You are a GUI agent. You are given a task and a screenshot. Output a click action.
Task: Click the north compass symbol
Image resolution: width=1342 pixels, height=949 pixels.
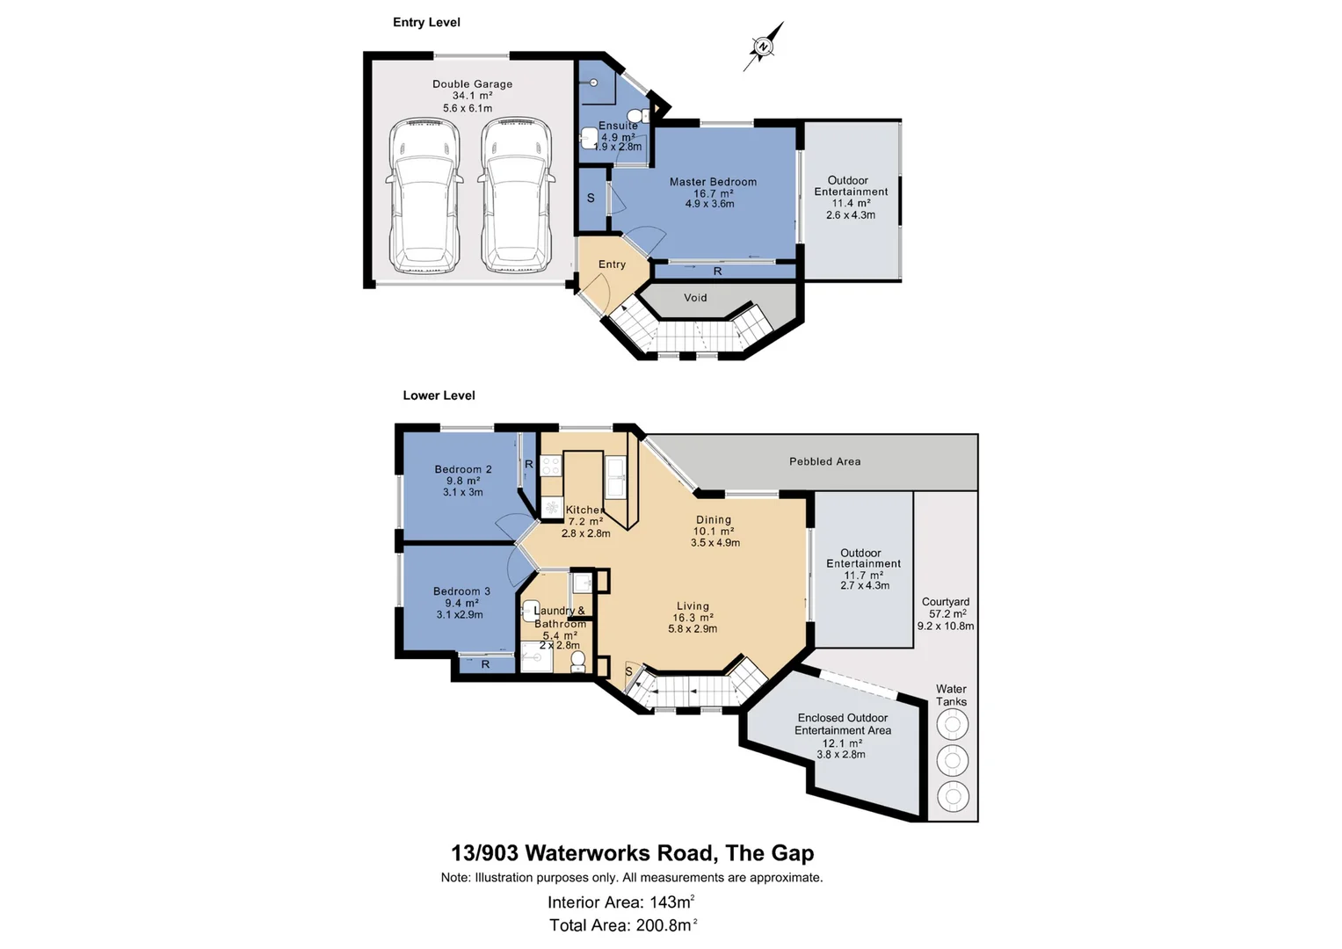tap(763, 47)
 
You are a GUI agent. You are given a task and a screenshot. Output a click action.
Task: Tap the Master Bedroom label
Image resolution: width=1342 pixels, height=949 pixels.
tap(713, 182)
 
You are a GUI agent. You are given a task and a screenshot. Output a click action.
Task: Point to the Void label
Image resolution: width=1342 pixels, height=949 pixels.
tap(695, 298)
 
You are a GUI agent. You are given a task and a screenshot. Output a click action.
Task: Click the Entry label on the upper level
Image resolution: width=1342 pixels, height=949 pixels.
tap(612, 264)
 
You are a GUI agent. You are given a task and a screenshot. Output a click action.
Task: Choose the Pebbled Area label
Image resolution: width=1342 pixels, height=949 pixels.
tap(824, 461)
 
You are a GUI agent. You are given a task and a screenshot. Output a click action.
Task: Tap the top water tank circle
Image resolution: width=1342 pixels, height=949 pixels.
tap(952, 725)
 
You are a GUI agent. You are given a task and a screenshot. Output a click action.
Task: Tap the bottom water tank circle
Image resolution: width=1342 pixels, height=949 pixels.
tap(952, 796)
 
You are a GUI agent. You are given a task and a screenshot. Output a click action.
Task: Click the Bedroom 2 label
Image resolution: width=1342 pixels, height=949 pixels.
tap(463, 469)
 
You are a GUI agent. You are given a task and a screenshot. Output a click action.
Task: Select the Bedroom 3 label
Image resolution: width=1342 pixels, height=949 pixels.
tap(461, 591)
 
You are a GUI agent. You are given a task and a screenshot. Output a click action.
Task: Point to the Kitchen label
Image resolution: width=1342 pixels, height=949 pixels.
tap(584, 510)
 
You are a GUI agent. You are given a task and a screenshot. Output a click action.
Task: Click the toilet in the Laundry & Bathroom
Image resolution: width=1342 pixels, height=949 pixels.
tap(577, 661)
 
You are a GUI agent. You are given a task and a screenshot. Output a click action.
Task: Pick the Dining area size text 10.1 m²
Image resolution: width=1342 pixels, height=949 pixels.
tap(714, 532)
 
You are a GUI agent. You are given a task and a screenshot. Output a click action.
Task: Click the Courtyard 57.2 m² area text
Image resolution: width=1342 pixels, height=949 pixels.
tap(947, 614)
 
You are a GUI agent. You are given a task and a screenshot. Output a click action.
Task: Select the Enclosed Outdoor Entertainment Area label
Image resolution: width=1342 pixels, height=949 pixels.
tap(842, 724)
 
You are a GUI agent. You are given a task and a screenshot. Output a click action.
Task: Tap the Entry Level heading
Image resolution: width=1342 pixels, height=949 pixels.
tap(426, 23)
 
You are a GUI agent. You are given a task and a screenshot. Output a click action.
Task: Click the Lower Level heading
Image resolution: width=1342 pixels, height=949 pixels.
tap(439, 395)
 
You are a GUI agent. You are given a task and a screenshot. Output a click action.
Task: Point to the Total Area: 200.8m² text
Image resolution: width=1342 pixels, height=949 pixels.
tap(623, 924)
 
